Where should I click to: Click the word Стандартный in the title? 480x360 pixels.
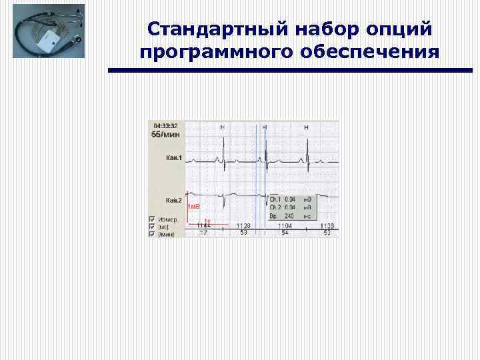click(x=213, y=29)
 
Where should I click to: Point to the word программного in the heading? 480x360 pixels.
click(x=217, y=52)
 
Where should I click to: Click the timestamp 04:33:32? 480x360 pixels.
click(x=166, y=125)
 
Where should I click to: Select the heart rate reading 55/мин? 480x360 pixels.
click(x=166, y=134)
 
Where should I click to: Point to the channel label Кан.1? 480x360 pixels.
click(x=174, y=158)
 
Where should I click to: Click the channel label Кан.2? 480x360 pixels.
click(x=174, y=200)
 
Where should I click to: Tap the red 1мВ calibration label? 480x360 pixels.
click(x=194, y=207)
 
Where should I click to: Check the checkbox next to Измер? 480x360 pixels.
click(x=151, y=218)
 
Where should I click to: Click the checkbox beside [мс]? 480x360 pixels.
click(x=151, y=226)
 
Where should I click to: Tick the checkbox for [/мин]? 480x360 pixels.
click(x=151, y=233)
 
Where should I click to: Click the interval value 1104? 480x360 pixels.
click(x=285, y=226)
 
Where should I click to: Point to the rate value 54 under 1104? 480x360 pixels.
click(x=285, y=233)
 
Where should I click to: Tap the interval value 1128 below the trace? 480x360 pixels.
click(x=243, y=226)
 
